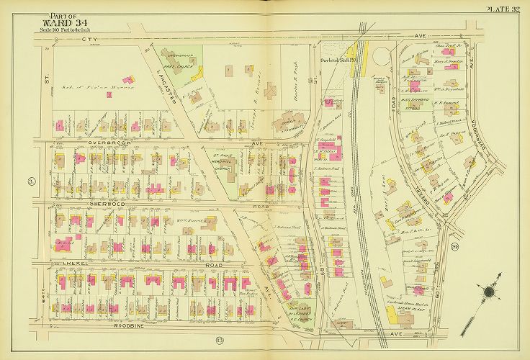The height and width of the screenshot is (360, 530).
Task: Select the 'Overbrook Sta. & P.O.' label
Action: tap(334, 61)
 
